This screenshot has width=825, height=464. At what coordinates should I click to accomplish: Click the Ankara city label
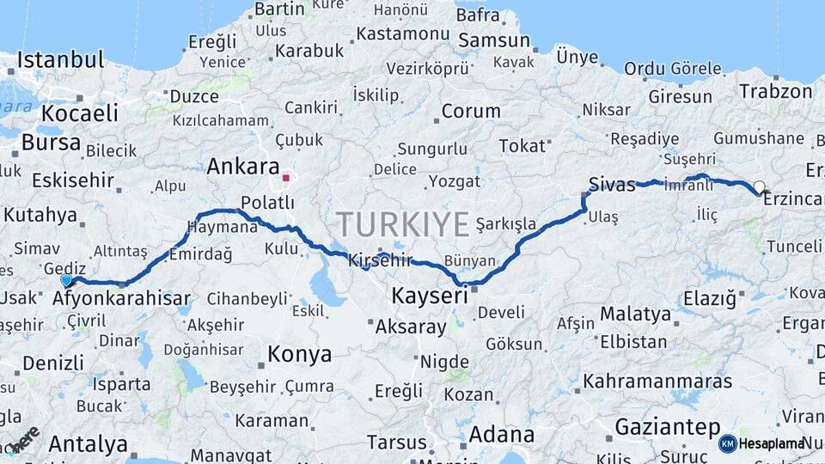click(x=243, y=166)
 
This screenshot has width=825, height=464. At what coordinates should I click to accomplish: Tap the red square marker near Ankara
click(x=285, y=179)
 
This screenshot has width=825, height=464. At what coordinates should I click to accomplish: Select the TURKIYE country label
click(x=403, y=224)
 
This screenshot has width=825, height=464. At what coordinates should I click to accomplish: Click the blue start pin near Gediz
click(x=66, y=280)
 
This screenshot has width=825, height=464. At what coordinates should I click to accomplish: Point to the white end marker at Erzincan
click(x=759, y=186)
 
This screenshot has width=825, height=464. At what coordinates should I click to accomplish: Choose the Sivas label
click(x=612, y=184)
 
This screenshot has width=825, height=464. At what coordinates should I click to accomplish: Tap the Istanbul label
click(x=60, y=60)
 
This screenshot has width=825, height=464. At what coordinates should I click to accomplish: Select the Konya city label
click(x=299, y=354)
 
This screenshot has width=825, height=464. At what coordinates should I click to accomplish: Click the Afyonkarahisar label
click(x=121, y=299)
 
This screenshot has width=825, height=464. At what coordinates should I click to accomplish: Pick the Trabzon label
click(x=775, y=92)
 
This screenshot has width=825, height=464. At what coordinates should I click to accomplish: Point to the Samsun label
click(x=494, y=40)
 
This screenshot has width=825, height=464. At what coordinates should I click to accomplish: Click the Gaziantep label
click(x=667, y=427)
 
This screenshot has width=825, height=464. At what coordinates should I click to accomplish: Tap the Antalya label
click(x=88, y=444)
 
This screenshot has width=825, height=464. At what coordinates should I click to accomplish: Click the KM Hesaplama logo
click(x=763, y=443)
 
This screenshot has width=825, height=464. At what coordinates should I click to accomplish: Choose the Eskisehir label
click(x=73, y=180)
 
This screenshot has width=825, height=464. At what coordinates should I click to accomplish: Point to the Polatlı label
click(x=267, y=203)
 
